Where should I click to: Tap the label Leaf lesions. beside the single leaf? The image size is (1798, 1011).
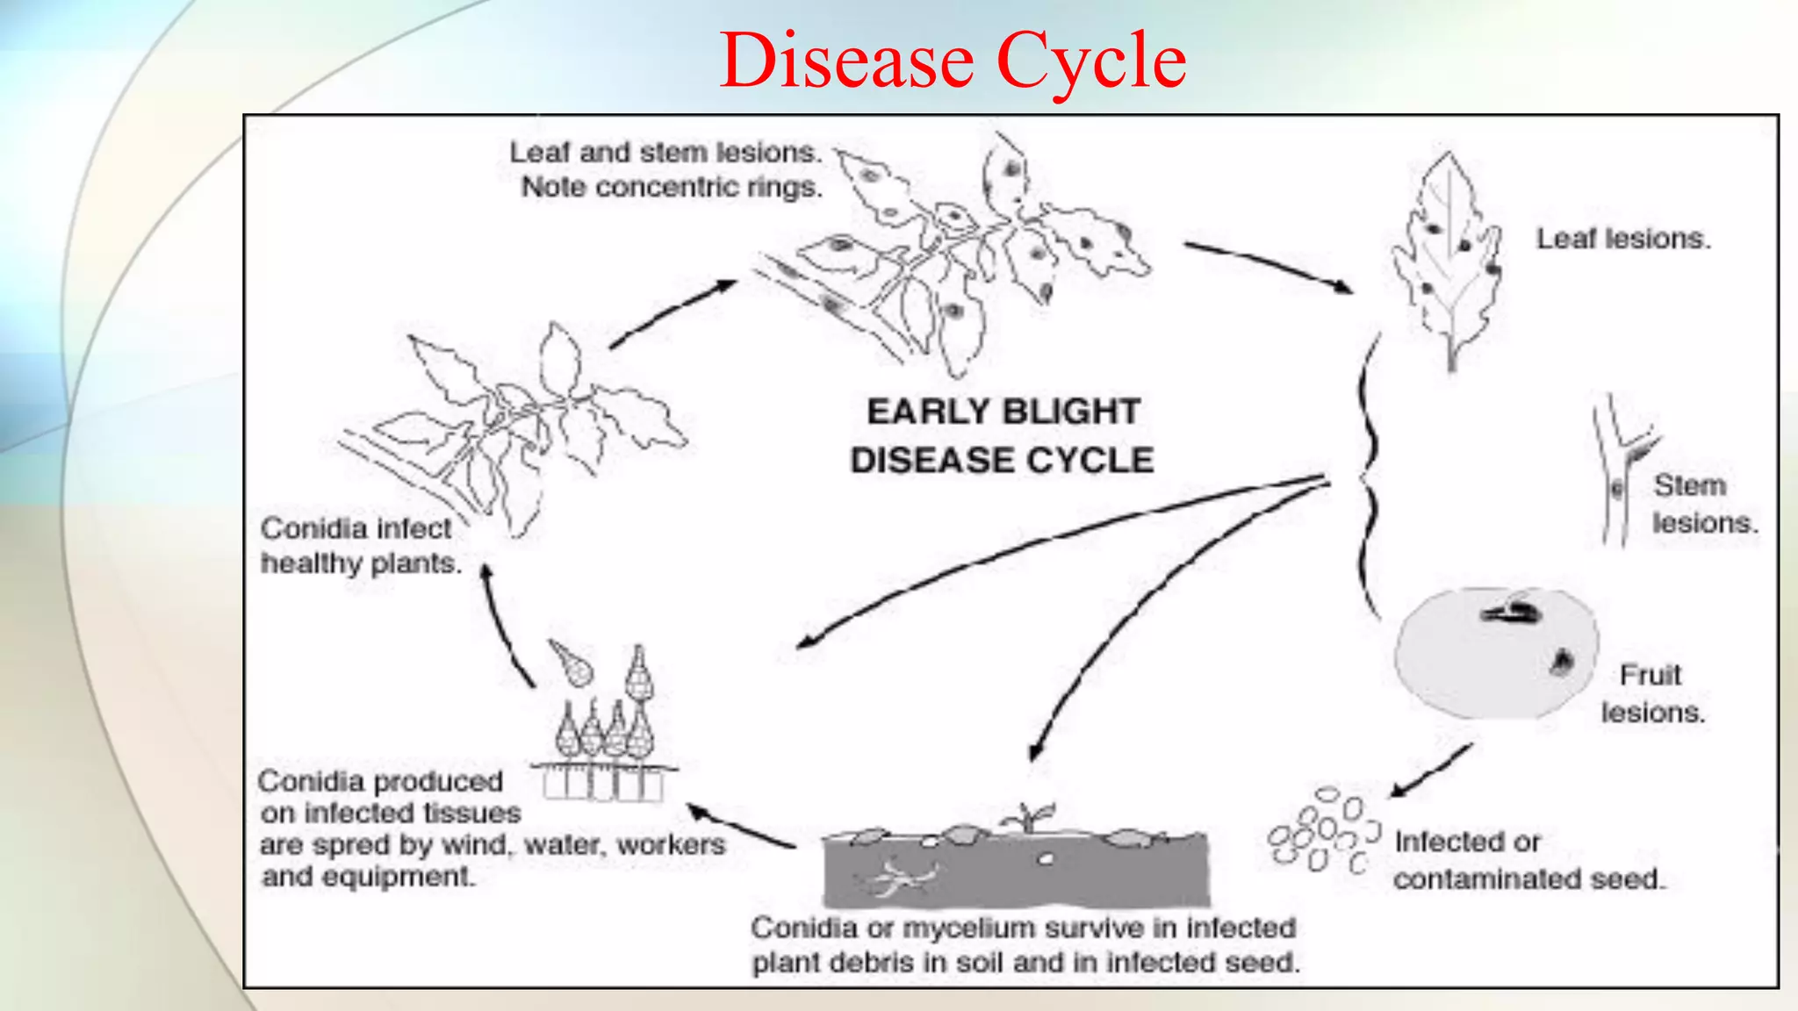[1622, 239]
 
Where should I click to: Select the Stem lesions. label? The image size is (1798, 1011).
[1703, 504]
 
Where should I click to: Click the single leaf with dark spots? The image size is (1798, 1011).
[1449, 259]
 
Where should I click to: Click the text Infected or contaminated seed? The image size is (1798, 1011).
[1528, 860]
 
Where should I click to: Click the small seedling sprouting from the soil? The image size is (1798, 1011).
[1028, 817]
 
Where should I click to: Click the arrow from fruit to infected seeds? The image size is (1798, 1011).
[1431, 771]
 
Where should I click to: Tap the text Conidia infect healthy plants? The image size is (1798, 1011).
[360, 546]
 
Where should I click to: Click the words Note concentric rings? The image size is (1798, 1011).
[672, 188]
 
